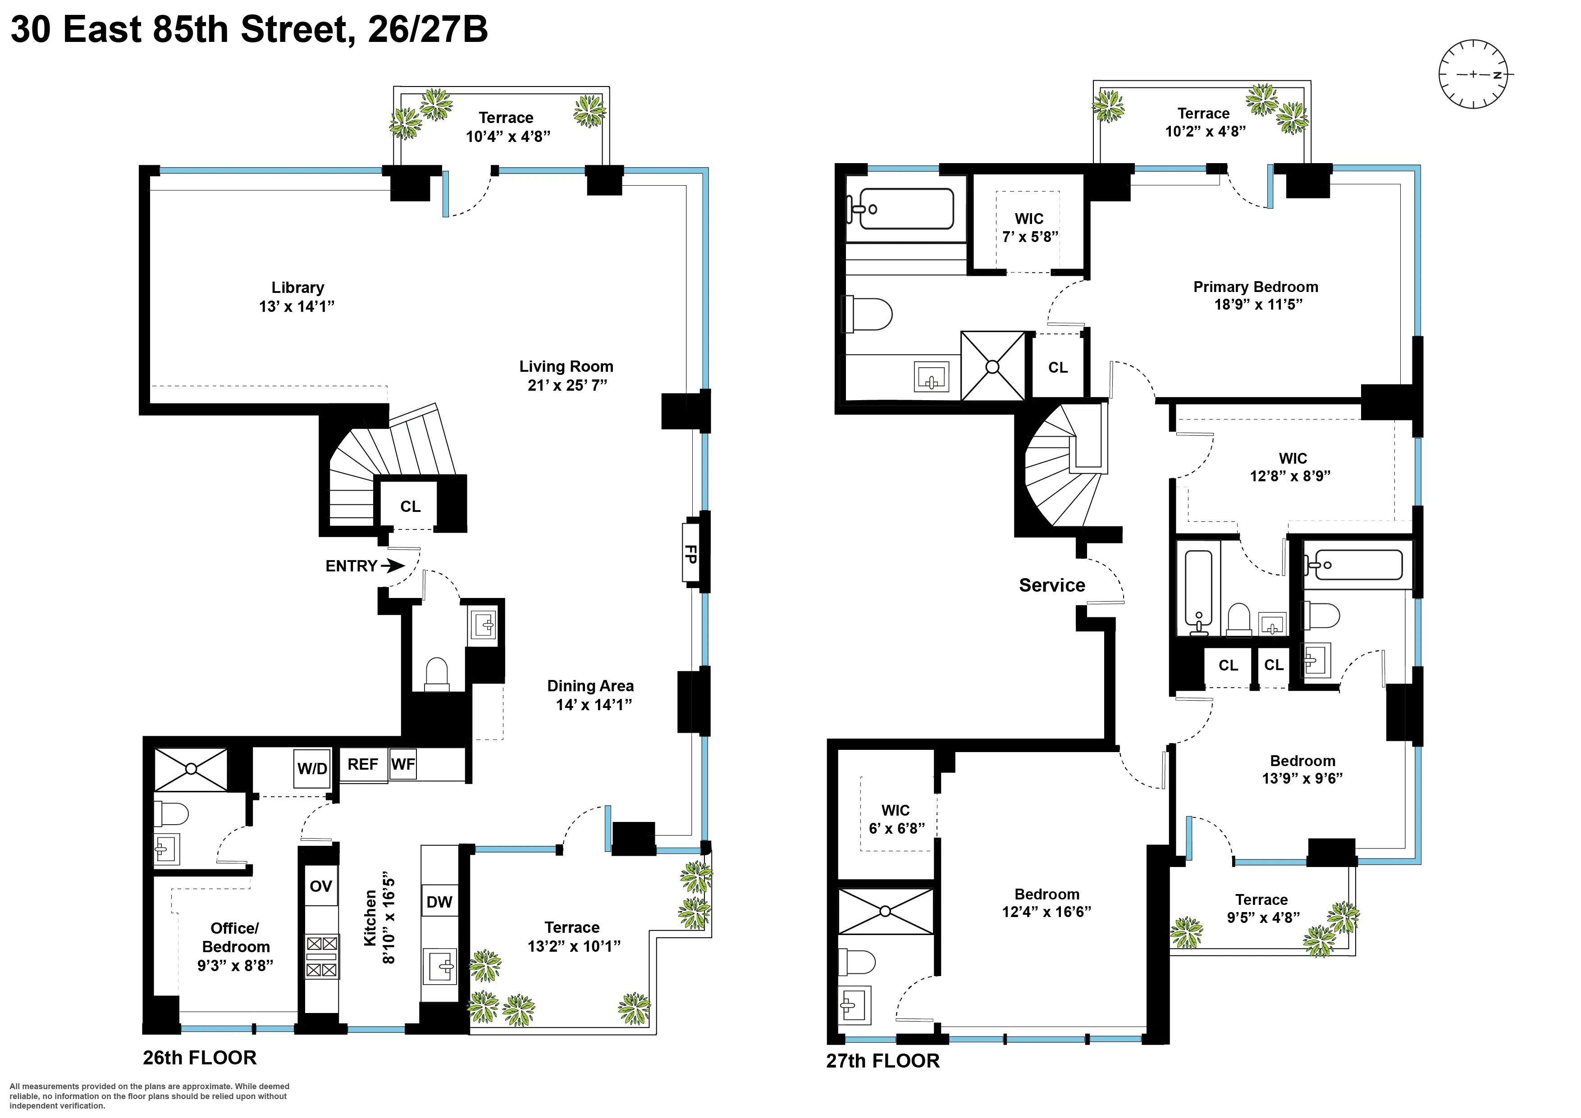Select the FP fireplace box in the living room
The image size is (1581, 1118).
pyautogui.click(x=690, y=554)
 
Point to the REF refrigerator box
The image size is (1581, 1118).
pyautogui.click(x=363, y=765)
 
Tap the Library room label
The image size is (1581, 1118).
pyautogui.click(x=297, y=288)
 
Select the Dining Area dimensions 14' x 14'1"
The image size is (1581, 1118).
pyautogui.click(x=594, y=705)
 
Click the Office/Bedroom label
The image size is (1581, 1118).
pyautogui.click(x=236, y=938)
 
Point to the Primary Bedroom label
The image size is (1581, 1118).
pyautogui.click(x=1255, y=287)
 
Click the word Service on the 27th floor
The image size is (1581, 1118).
pyautogui.click(x=1051, y=585)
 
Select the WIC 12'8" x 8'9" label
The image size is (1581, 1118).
pyautogui.click(x=1292, y=467)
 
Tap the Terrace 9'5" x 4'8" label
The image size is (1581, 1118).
pyautogui.click(x=1262, y=908)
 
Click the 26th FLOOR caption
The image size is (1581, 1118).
pyautogui.click(x=200, y=1058)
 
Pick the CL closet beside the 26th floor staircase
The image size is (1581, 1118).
pyautogui.click(x=411, y=507)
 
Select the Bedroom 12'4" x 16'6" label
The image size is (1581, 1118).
pyautogui.click(x=1046, y=903)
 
